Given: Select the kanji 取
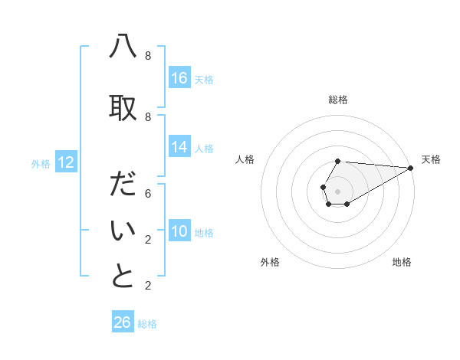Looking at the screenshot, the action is (x=123, y=108).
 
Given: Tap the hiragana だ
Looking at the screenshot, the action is (x=123, y=185).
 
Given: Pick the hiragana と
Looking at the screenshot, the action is (x=123, y=277).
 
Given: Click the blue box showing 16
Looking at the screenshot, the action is (x=179, y=78).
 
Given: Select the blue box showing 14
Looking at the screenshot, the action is (x=179, y=147).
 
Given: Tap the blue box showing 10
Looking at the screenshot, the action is (x=179, y=231).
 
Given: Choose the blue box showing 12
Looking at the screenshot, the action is (x=65, y=162).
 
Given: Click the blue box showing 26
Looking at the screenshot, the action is (x=123, y=322).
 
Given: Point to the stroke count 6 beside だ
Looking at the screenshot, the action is (x=148, y=194).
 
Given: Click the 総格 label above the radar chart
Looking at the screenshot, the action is (x=337, y=100).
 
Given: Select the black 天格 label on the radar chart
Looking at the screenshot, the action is (x=431, y=159).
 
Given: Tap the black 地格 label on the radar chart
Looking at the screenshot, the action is (x=402, y=262).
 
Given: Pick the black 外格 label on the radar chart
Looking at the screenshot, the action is (x=270, y=262).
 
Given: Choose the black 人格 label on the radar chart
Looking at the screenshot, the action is (x=245, y=159).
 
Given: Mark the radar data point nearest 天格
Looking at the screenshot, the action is (x=410, y=169).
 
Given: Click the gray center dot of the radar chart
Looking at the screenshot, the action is (x=337, y=190).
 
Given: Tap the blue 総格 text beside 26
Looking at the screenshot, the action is (x=147, y=324).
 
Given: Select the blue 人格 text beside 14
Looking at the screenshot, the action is (x=204, y=148).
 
